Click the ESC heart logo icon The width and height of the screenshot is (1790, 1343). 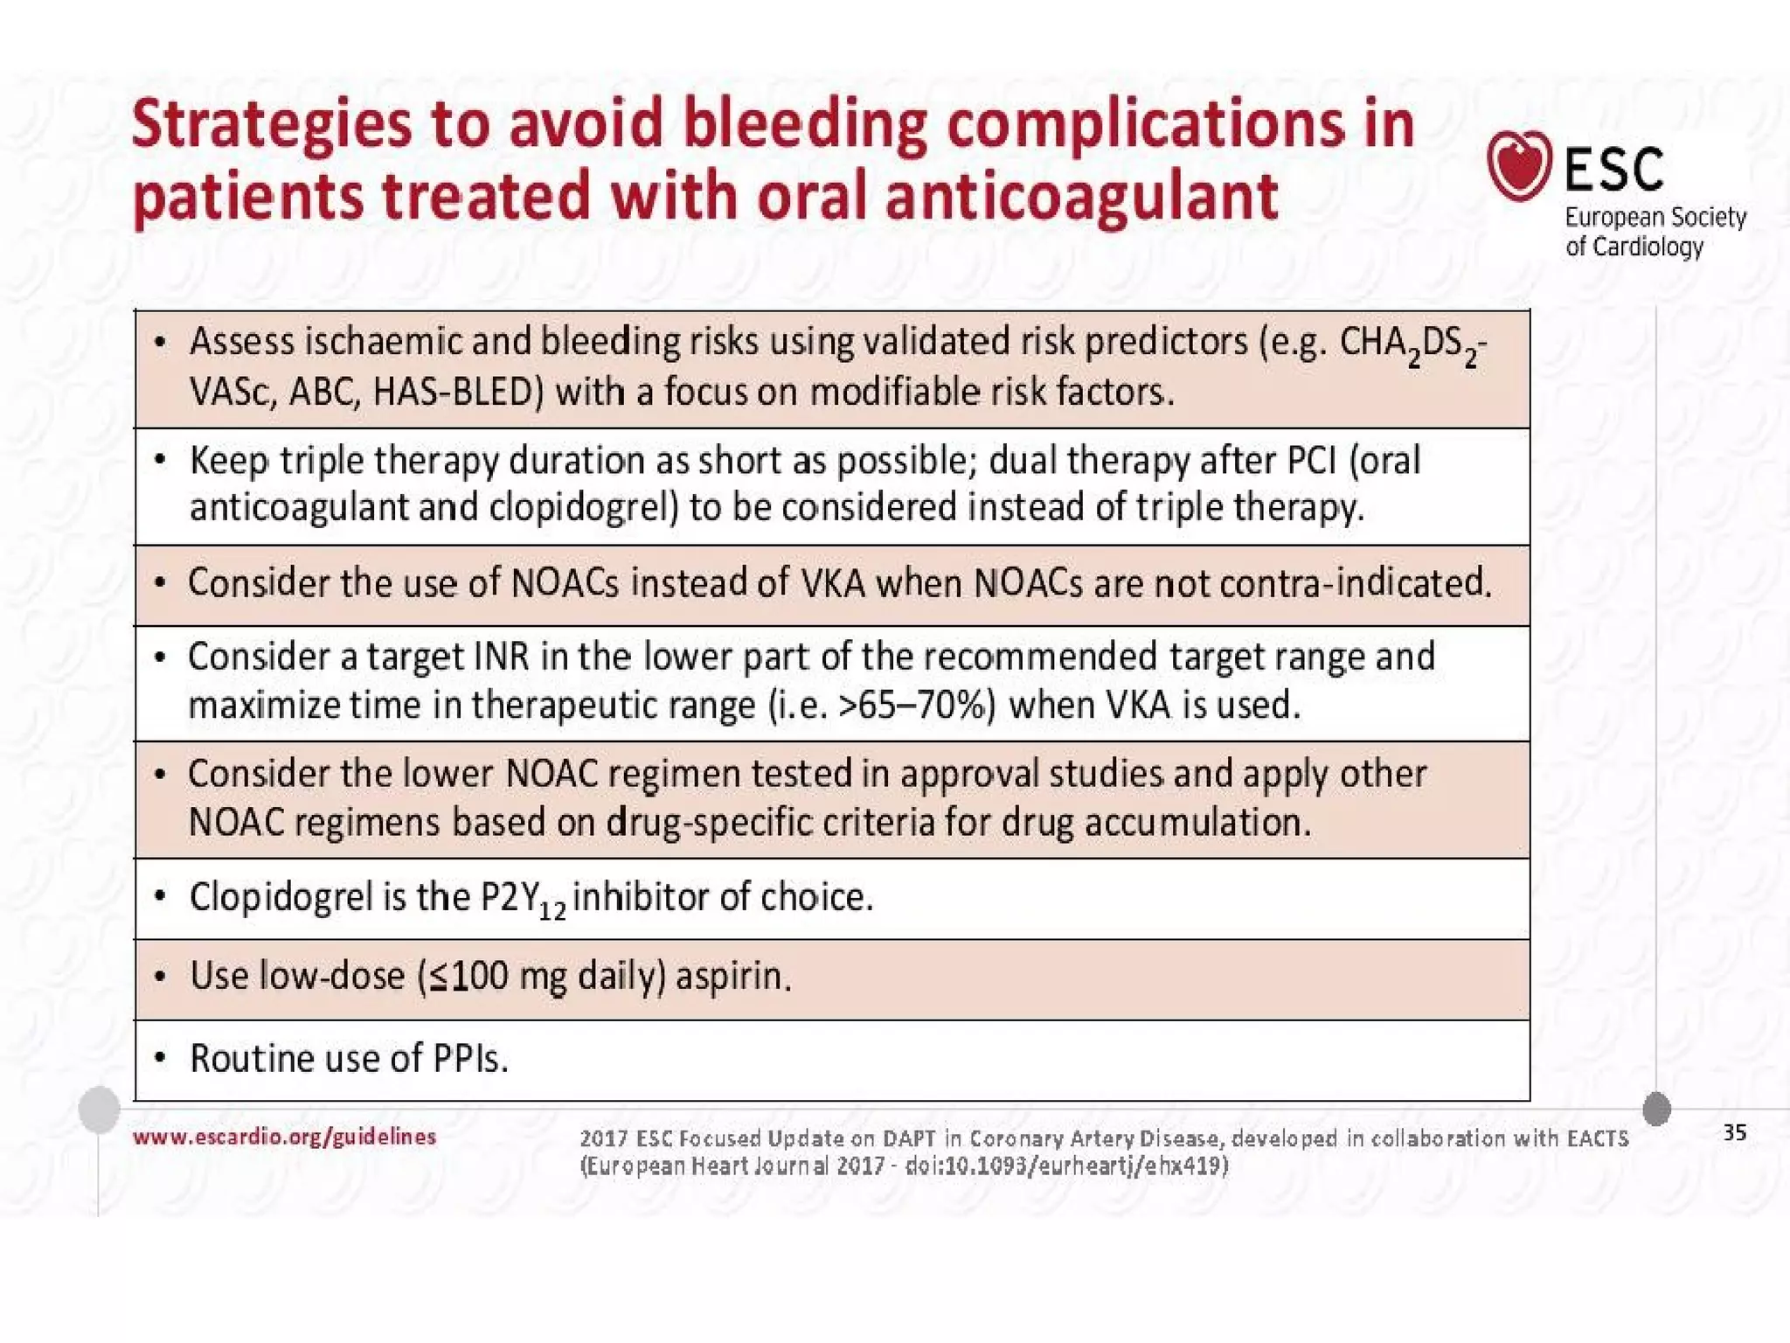click(1519, 165)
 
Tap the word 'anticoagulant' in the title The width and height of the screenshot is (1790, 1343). click(1081, 196)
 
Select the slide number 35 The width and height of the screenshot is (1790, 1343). click(1734, 1133)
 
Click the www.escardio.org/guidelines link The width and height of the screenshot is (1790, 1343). click(284, 1137)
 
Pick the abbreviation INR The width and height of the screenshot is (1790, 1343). click(501, 657)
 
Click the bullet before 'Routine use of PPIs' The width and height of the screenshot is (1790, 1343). click(159, 1059)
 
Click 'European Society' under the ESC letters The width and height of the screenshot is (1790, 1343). click(1655, 217)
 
